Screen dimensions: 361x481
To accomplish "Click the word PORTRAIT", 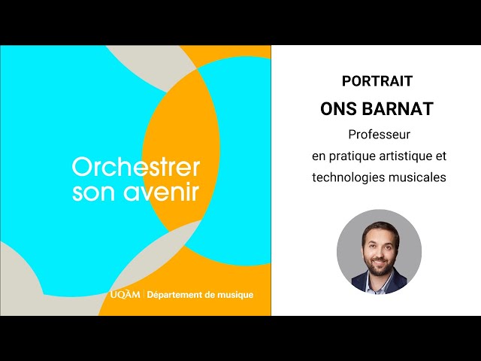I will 377,81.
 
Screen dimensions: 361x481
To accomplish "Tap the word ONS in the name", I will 339,108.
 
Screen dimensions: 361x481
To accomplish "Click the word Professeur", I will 378,135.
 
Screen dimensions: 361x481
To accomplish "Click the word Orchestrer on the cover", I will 136,166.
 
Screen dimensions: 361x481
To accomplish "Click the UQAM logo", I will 125,294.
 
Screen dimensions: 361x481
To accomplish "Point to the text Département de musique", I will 200,294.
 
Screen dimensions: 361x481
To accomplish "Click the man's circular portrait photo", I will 378,251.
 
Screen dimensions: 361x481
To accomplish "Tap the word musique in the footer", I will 234,294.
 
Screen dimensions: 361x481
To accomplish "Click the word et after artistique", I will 441,156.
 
